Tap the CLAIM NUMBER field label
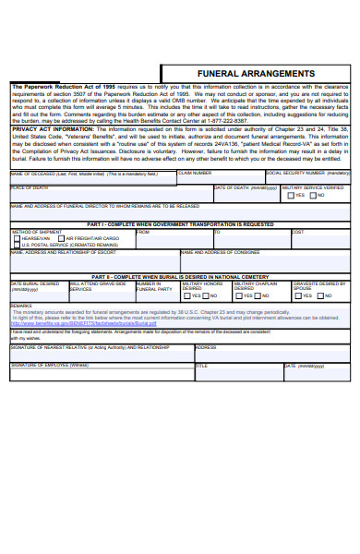(195, 173)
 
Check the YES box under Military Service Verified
(291, 196)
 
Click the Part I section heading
(180, 223)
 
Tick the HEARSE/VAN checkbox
(16, 238)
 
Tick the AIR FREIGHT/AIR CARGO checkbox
(61, 238)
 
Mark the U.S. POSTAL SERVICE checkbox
(16, 245)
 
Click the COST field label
(298, 232)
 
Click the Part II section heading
(180, 275)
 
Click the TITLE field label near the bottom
(201, 365)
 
